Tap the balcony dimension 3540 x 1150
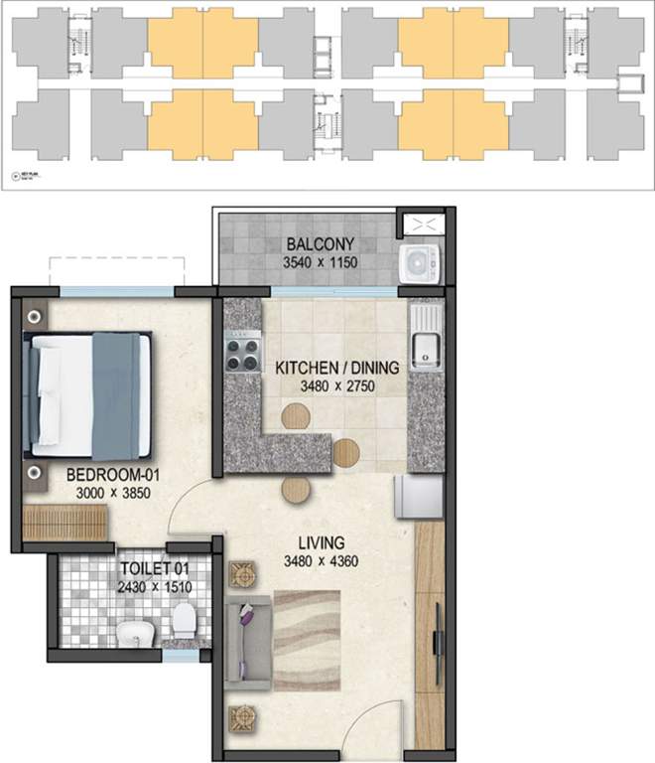click(x=320, y=263)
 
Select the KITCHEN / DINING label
click(x=337, y=368)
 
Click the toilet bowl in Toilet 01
click(x=183, y=624)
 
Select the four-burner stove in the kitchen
click(x=242, y=351)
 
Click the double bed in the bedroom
click(x=89, y=396)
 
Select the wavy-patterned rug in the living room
click(x=307, y=636)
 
